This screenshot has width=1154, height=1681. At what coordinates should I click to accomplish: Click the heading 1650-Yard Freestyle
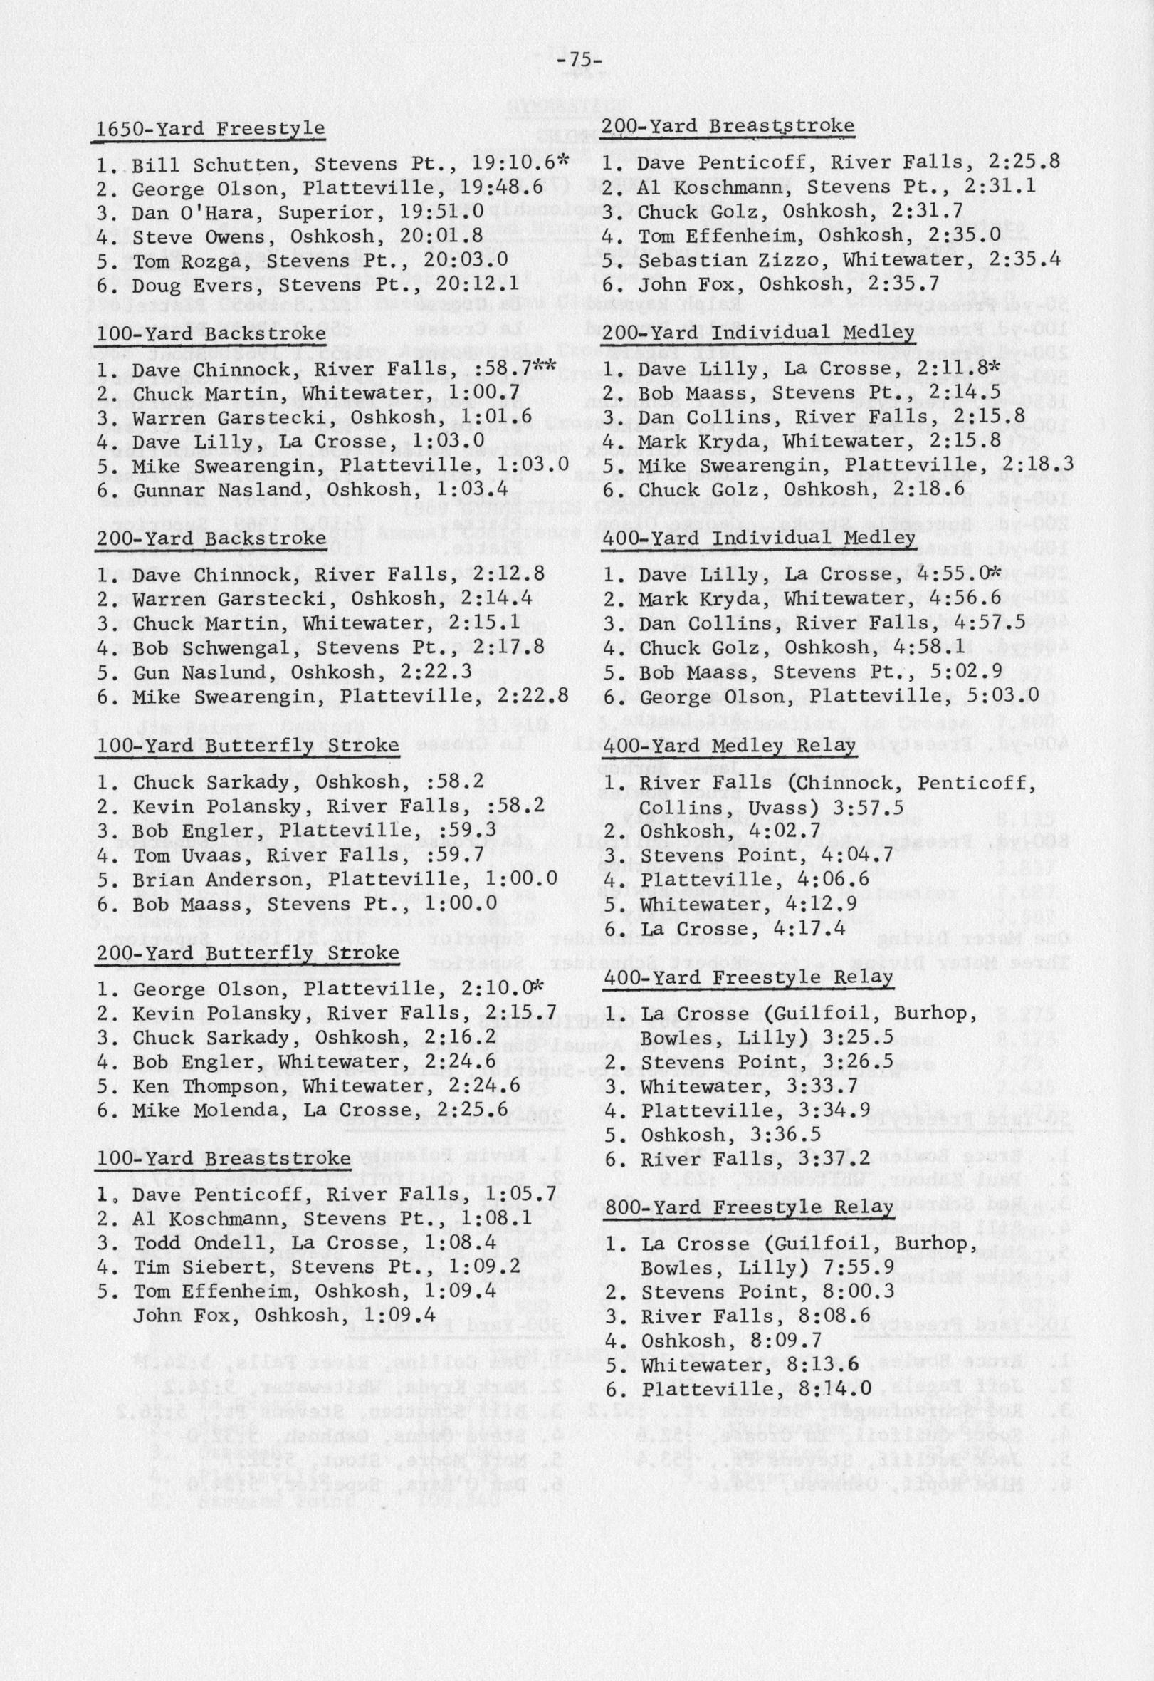[211, 128]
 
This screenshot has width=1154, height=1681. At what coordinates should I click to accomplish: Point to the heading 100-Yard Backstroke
[211, 333]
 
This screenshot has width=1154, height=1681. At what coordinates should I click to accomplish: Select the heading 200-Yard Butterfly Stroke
[247, 952]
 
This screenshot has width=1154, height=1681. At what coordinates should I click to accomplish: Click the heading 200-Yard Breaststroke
[728, 126]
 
